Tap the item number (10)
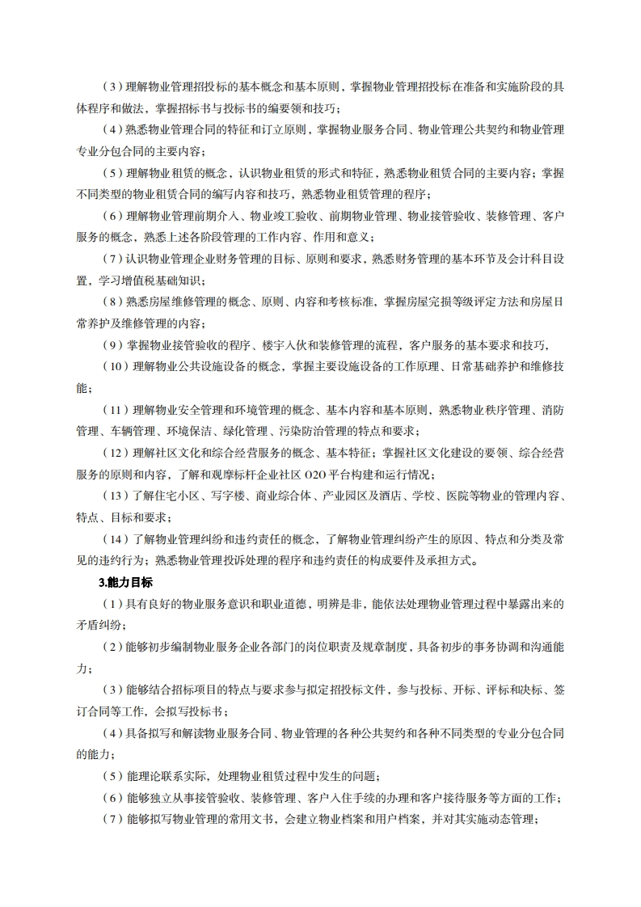[x=116, y=366]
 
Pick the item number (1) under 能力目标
[x=112, y=603]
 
